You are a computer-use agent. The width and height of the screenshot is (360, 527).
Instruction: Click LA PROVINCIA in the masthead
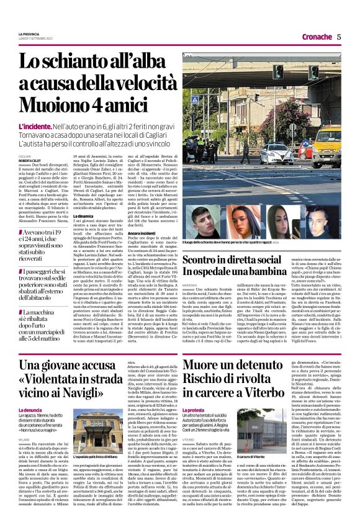click(29, 34)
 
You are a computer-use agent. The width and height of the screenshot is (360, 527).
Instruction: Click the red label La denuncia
click(30, 410)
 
